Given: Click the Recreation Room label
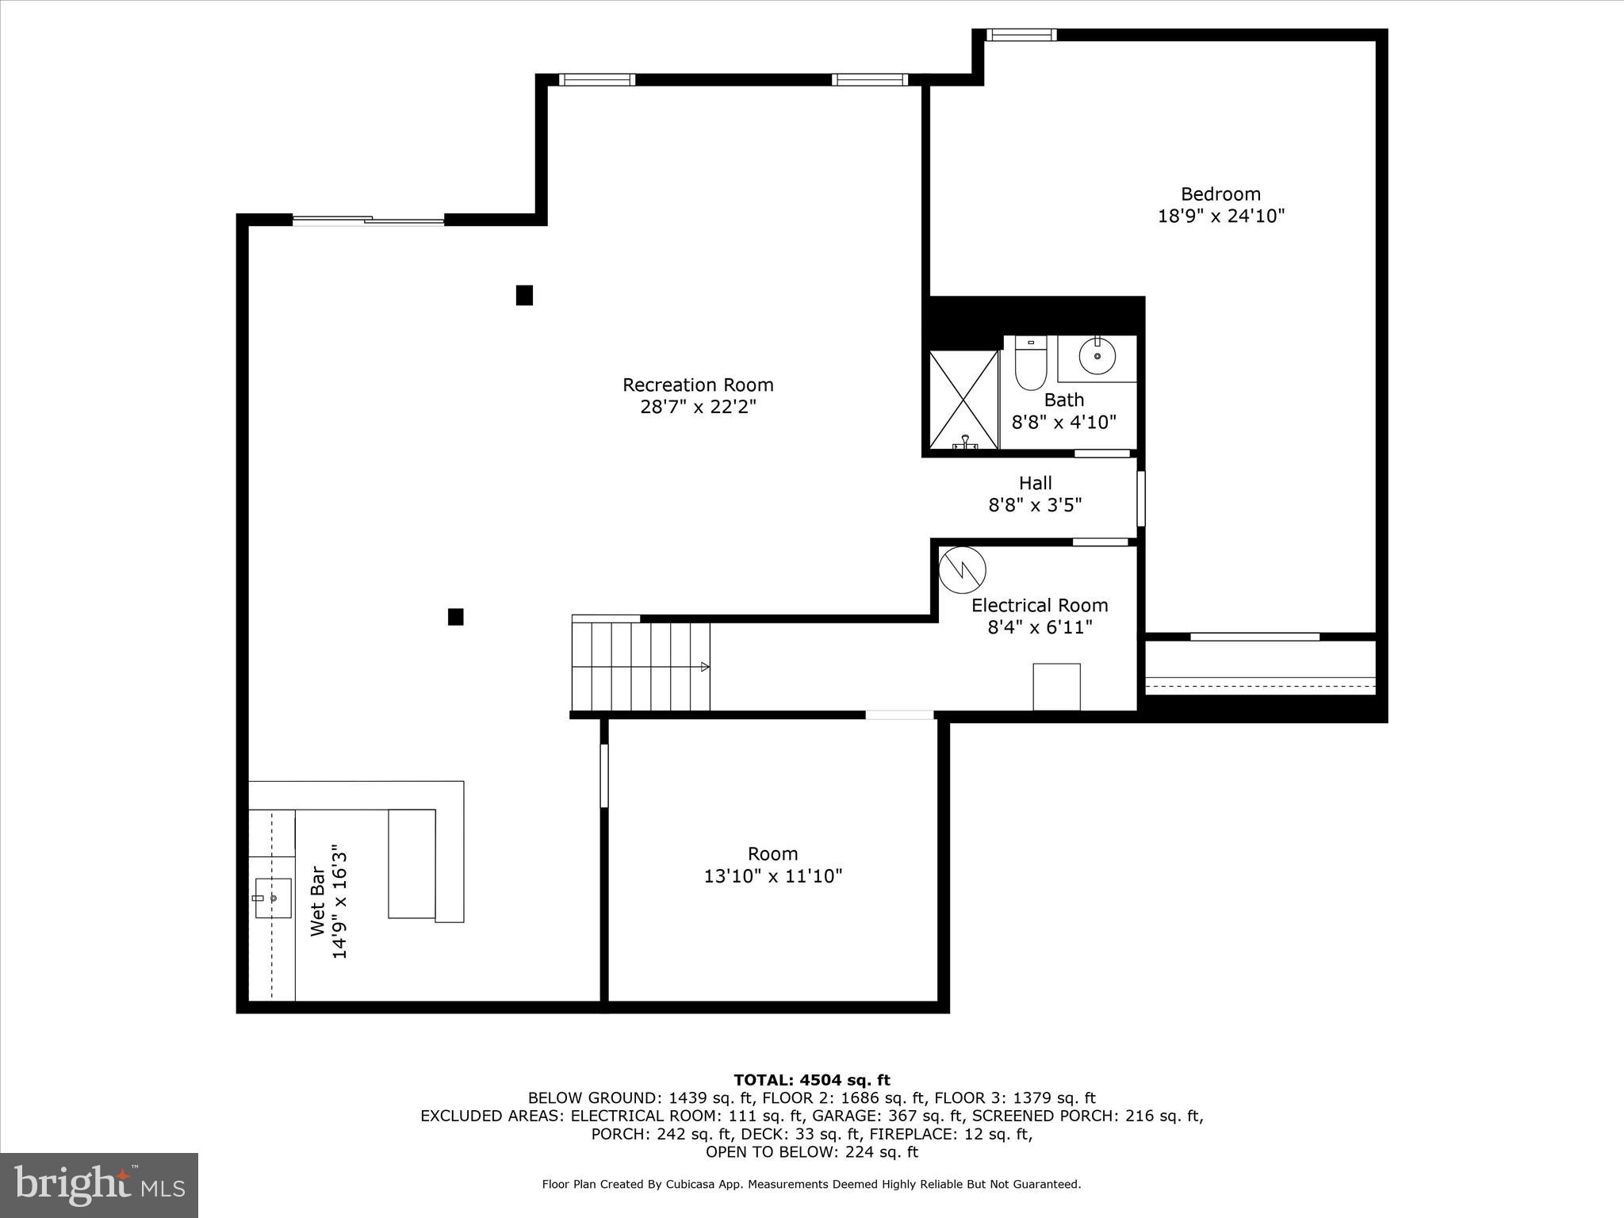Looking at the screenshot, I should [x=698, y=385].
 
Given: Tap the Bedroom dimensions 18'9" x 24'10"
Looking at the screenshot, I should [x=1220, y=216].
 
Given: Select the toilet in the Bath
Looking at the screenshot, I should [x=1031, y=365].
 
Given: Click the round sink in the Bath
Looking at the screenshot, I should [x=1097, y=357].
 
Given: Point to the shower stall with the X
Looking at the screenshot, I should [x=963, y=400].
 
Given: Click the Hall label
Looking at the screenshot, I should [x=1035, y=483].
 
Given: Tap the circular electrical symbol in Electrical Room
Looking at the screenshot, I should [x=962, y=570].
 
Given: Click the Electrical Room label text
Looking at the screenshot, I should [x=1040, y=606].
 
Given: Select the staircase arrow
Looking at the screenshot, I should [x=704, y=667].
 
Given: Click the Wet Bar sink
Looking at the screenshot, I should [x=272, y=898].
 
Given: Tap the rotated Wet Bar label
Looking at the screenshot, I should [x=317, y=902].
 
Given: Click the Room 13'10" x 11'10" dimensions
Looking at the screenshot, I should [x=772, y=876].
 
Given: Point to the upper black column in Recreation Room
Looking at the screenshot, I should [x=524, y=295].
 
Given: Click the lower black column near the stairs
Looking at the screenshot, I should [x=455, y=617].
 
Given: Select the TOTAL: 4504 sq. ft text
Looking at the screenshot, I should [x=811, y=1080].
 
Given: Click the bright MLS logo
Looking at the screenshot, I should [x=99, y=1185].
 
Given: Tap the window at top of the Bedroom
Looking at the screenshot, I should [x=1021, y=35].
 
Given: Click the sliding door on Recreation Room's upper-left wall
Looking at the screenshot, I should [x=369, y=220].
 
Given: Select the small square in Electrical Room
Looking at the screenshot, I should [x=1056, y=687].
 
